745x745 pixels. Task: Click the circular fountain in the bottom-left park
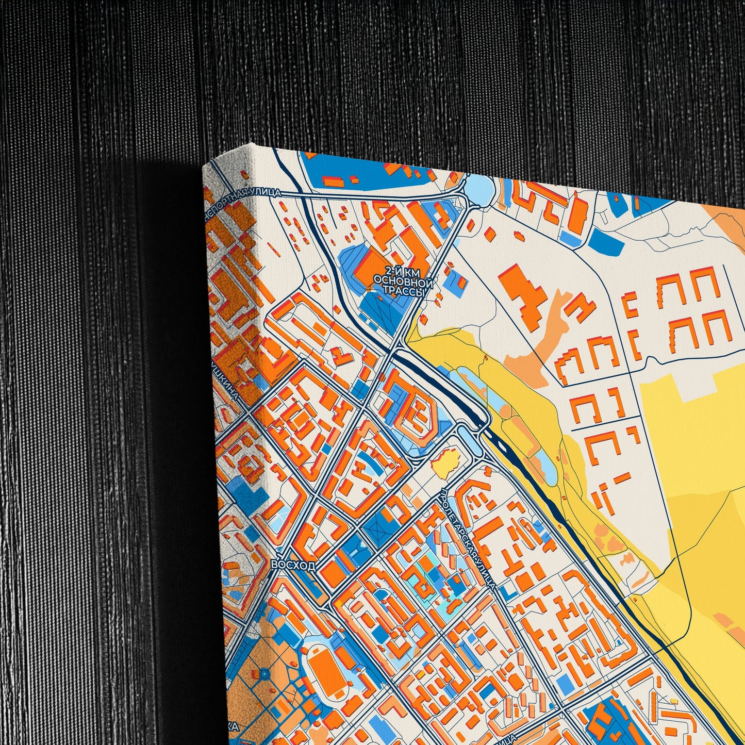[264, 673]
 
